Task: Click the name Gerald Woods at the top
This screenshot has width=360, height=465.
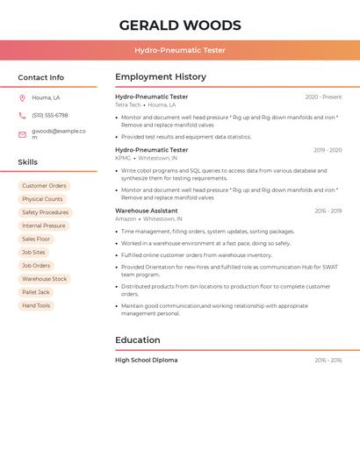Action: click(180, 25)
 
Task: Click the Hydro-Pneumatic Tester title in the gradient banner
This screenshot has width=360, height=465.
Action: click(180, 50)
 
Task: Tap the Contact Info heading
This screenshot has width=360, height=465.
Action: click(41, 77)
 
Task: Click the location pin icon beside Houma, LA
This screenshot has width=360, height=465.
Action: click(22, 98)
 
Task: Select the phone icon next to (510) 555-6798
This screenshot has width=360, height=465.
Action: click(22, 116)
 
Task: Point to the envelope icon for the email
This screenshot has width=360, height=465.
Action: click(22, 134)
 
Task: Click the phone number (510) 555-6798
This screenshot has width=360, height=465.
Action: click(50, 116)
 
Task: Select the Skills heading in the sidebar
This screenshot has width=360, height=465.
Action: click(28, 162)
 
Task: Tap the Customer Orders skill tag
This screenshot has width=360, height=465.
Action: click(44, 186)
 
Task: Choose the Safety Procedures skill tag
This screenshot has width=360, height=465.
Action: click(45, 212)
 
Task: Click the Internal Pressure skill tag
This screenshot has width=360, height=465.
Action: click(44, 225)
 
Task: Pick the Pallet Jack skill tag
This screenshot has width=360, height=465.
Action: click(36, 292)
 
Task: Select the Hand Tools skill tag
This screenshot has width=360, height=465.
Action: click(36, 305)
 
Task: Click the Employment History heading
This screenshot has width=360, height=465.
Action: click(161, 77)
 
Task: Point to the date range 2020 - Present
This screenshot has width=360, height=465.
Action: click(323, 97)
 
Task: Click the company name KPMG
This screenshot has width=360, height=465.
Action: click(123, 158)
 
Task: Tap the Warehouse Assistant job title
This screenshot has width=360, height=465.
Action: click(147, 211)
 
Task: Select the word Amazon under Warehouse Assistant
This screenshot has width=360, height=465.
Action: click(126, 219)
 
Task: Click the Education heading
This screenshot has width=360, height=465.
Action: click(139, 340)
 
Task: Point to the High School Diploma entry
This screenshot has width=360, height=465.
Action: click(147, 360)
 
